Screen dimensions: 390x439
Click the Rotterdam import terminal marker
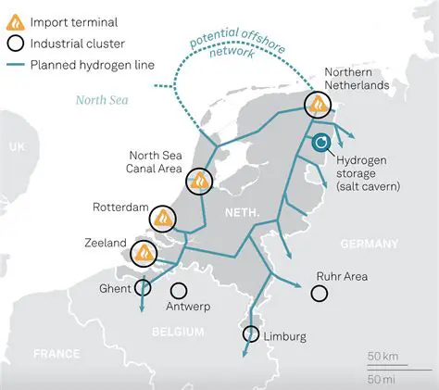click(x=163, y=219)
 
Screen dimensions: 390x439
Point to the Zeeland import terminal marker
click(x=144, y=252)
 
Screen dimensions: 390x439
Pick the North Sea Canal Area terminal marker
click(x=199, y=181)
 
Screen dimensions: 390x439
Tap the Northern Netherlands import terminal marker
click(x=319, y=104)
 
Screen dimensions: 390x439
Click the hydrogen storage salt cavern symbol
click(x=321, y=142)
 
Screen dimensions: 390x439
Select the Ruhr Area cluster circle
click(x=320, y=293)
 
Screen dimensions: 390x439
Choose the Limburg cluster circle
click(x=250, y=334)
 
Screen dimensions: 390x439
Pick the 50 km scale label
click(x=383, y=356)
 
